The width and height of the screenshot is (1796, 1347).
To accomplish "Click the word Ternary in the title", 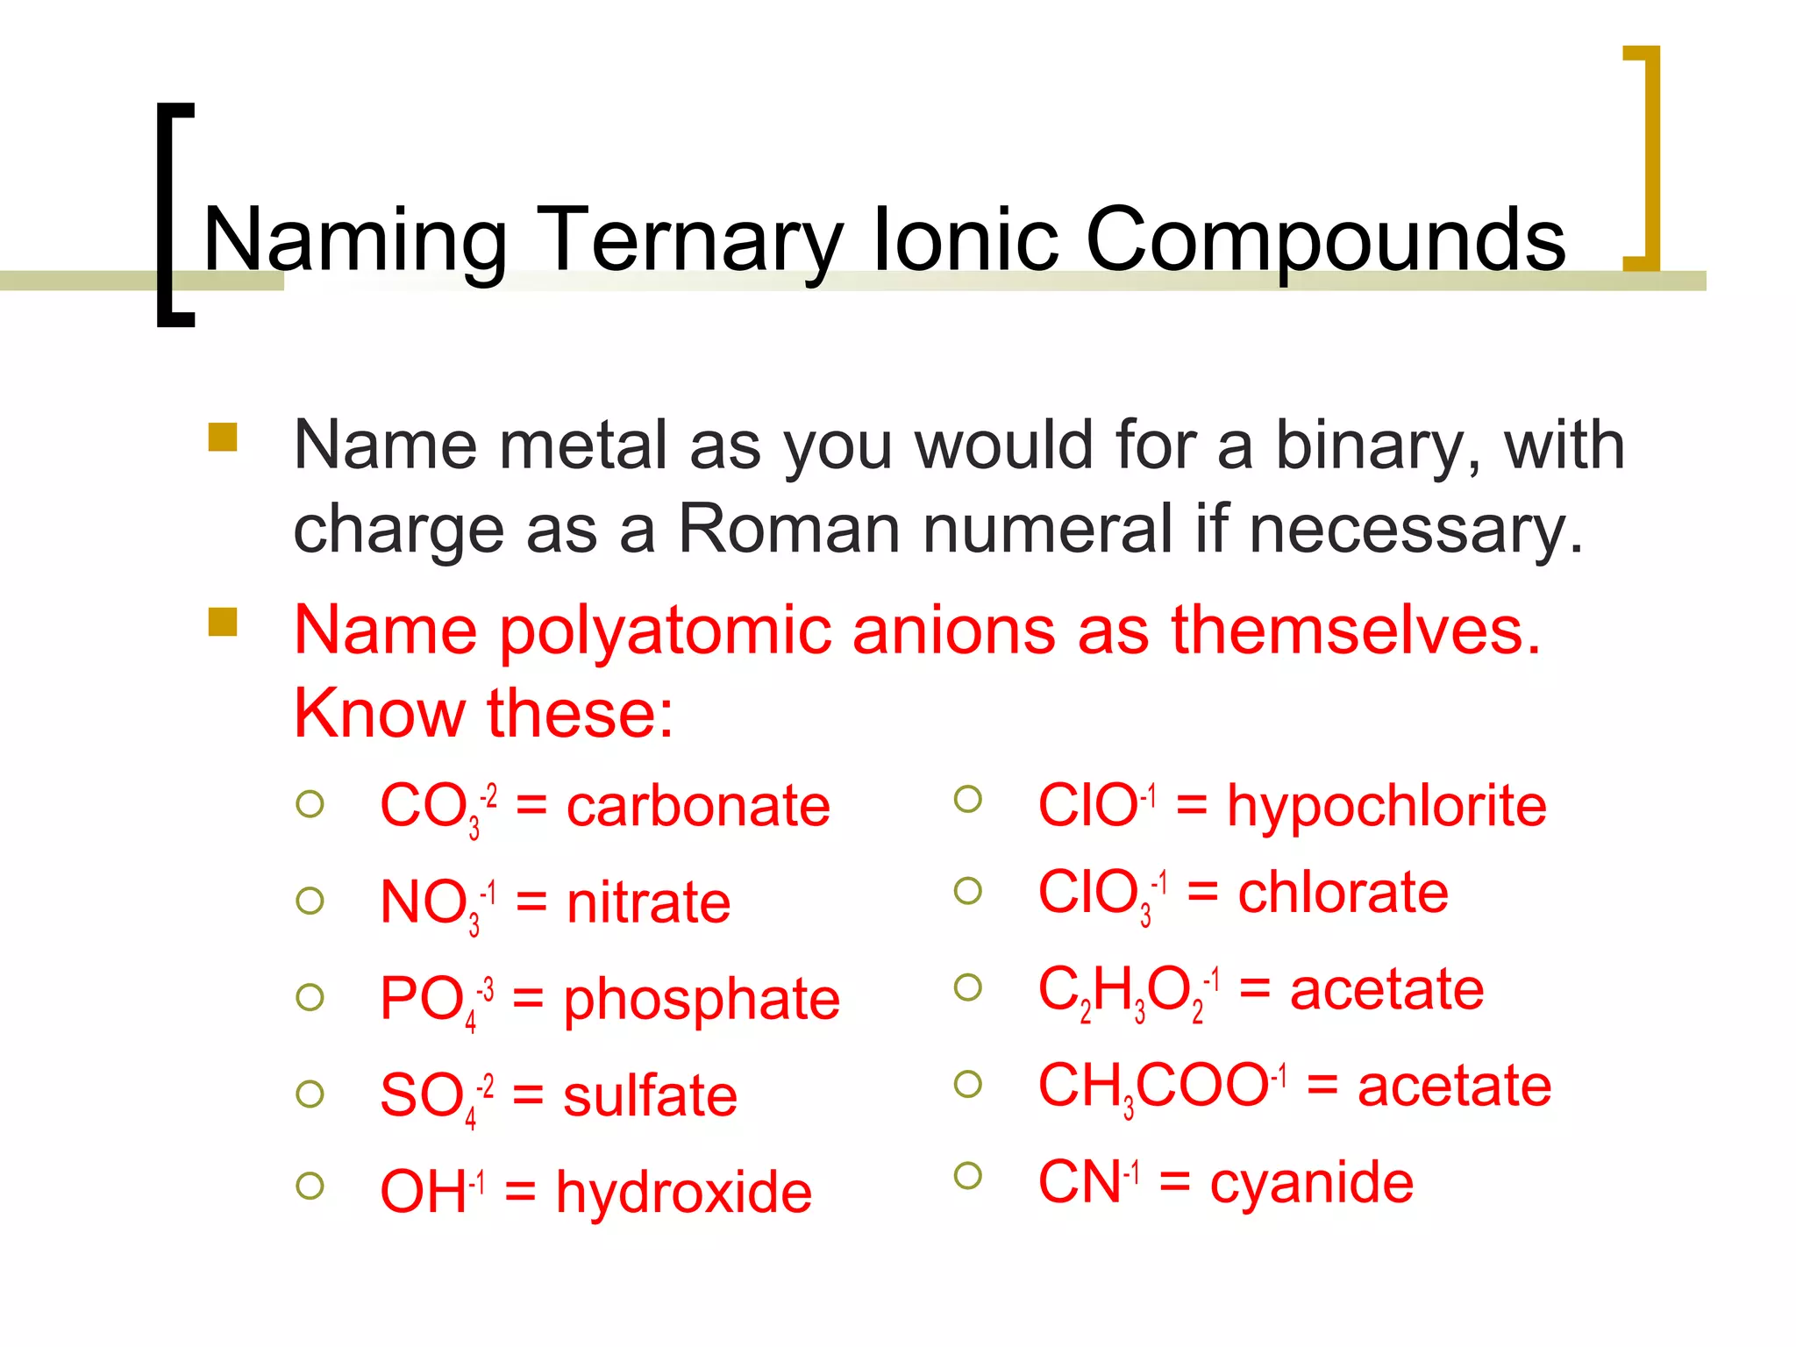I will tap(688, 241).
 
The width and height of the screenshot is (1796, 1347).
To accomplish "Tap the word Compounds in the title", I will tap(1325, 241).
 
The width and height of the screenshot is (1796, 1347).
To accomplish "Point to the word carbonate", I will tap(698, 806).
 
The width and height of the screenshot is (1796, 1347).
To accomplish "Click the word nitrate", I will tap(648, 902).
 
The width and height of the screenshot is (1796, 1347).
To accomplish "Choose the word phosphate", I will tap(702, 1000).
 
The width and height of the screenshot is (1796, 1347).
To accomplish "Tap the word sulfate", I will tap(650, 1096).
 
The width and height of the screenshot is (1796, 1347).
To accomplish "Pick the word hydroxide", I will tap(684, 1193).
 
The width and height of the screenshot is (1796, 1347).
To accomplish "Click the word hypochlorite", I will tap(1386, 806).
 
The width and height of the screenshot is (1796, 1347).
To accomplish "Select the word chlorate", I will tap(1343, 894).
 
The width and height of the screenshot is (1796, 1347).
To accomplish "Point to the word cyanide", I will tap(1312, 1183).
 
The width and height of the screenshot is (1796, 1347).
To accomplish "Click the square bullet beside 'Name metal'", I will tap(223, 437).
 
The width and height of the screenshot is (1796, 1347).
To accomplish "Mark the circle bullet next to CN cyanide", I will tap(967, 1175).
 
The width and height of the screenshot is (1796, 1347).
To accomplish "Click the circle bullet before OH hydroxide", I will tap(310, 1186).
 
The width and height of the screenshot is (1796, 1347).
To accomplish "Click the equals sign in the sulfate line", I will tap(528, 1096).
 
